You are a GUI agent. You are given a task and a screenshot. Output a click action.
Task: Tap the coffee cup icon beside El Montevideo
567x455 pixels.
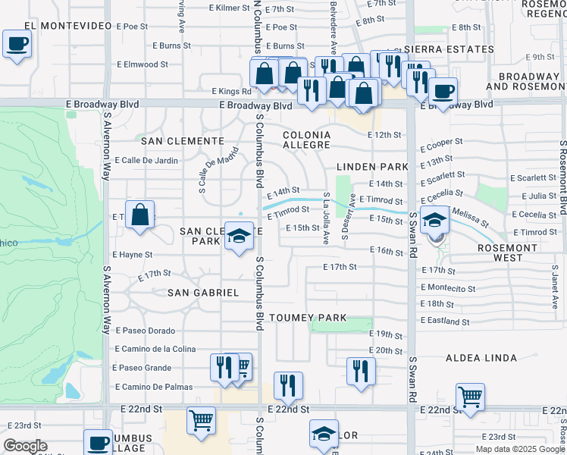point(16,44)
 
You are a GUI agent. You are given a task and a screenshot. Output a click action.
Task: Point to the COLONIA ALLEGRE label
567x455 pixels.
point(306,140)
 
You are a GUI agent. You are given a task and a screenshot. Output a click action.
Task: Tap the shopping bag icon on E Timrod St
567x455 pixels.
point(140,215)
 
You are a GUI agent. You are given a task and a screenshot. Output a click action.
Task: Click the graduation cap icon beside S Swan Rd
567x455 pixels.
point(435,221)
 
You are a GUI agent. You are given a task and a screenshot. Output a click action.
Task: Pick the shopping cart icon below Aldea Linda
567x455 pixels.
point(470,397)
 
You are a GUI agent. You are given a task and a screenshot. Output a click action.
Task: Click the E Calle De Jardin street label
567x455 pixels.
point(146,160)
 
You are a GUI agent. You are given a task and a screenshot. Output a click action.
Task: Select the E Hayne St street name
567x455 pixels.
point(132,255)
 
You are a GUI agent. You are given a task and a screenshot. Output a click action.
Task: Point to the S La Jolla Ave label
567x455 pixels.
point(326,218)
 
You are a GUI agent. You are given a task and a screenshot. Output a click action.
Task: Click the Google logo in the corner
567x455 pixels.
point(25,446)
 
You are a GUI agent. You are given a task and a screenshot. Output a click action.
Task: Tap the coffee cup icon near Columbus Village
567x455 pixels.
point(97,443)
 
